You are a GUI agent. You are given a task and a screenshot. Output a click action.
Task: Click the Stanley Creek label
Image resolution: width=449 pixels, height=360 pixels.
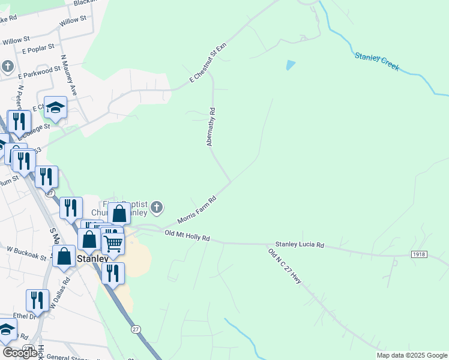point(376,61)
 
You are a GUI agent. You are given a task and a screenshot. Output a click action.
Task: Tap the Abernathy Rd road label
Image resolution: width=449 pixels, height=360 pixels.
point(211,127)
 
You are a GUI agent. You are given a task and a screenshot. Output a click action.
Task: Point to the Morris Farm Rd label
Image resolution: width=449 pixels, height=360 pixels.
point(196,211)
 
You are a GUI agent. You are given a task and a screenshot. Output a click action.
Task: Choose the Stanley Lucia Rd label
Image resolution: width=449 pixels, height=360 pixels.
point(300,245)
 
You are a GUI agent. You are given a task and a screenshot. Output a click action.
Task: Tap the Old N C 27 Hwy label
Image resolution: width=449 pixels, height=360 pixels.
point(285,267)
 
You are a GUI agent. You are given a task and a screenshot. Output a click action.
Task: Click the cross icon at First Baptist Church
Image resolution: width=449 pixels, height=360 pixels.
point(157,208)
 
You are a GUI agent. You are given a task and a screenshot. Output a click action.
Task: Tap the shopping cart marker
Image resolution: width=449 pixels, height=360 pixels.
point(113,243)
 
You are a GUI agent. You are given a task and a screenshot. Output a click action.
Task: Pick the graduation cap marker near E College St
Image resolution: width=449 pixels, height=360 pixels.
point(55,107)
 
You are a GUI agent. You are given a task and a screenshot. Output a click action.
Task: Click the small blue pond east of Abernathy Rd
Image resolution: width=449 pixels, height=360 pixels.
point(291,65)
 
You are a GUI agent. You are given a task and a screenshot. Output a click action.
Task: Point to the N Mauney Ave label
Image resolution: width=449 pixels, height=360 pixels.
point(68,76)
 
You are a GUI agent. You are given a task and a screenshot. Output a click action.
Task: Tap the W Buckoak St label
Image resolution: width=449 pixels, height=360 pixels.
point(26,253)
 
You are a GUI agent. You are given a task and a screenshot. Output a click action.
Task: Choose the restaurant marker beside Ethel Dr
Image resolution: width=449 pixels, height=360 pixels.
point(37,300)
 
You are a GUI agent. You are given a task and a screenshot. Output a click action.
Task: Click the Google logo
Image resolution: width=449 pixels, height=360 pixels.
point(20,353)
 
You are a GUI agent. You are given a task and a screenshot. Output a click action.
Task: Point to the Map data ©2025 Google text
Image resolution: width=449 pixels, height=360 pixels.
point(411,355)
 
